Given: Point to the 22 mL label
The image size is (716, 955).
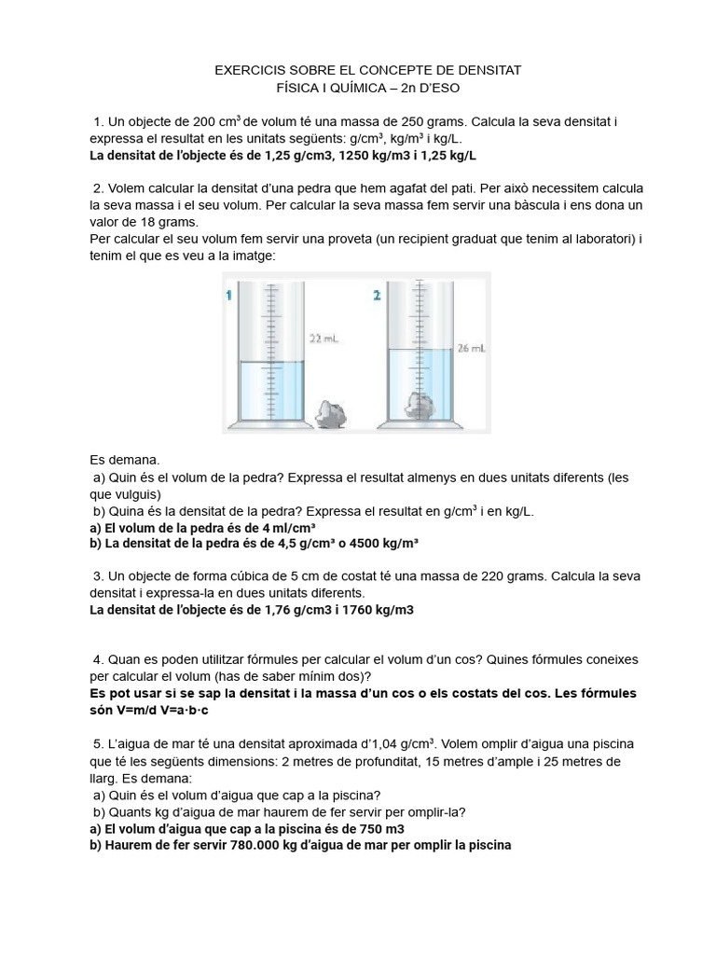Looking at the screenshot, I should [x=323, y=339].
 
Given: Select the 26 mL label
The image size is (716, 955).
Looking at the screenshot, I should [x=472, y=349].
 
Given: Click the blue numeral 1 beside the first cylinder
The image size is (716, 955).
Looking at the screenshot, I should [x=228, y=296].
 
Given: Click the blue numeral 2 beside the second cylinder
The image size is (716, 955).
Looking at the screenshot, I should [x=377, y=296].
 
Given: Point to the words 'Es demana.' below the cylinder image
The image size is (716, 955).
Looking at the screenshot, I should [x=125, y=460].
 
